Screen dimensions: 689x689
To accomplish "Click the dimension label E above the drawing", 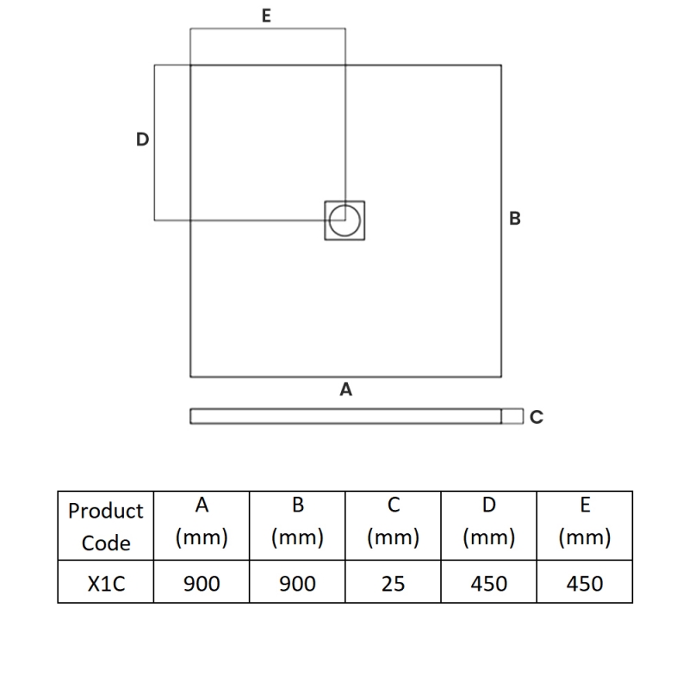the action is pyautogui.click(x=266, y=16).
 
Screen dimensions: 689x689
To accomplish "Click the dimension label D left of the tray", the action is pyautogui.click(x=142, y=140).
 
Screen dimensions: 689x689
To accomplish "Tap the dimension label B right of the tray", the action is pyautogui.click(x=515, y=219).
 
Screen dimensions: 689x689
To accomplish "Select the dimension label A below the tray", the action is pyautogui.click(x=346, y=389).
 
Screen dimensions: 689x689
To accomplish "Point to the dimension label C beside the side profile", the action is pyautogui.click(x=537, y=417).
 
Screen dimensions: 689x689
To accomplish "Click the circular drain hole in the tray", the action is pyautogui.click(x=344, y=220).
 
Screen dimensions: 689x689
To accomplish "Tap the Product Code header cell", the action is pyautogui.click(x=106, y=526).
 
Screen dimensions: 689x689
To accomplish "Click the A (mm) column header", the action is pyautogui.click(x=202, y=526).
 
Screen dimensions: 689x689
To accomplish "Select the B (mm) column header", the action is pyautogui.click(x=297, y=526).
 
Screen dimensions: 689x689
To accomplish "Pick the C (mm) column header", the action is pyautogui.click(x=394, y=526).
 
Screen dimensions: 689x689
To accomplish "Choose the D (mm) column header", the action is pyautogui.click(x=489, y=526).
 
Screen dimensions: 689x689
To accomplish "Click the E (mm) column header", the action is pyautogui.click(x=585, y=526).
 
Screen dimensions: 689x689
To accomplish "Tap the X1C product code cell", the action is pyautogui.click(x=106, y=584).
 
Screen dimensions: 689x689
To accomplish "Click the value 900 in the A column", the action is pyautogui.click(x=202, y=584).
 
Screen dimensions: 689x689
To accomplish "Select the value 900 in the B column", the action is pyautogui.click(x=297, y=584).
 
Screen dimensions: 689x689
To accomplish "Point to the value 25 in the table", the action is pyautogui.click(x=394, y=584).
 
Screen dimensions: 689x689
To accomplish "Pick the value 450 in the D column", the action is pyautogui.click(x=489, y=584).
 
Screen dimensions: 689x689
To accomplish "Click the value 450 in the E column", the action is pyautogui.click(x=585, y=584).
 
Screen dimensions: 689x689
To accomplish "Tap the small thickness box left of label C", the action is pyautogui.click(x=512, y=416).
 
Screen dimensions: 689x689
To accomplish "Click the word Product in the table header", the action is pyautogui.click(x=106, y=511).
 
